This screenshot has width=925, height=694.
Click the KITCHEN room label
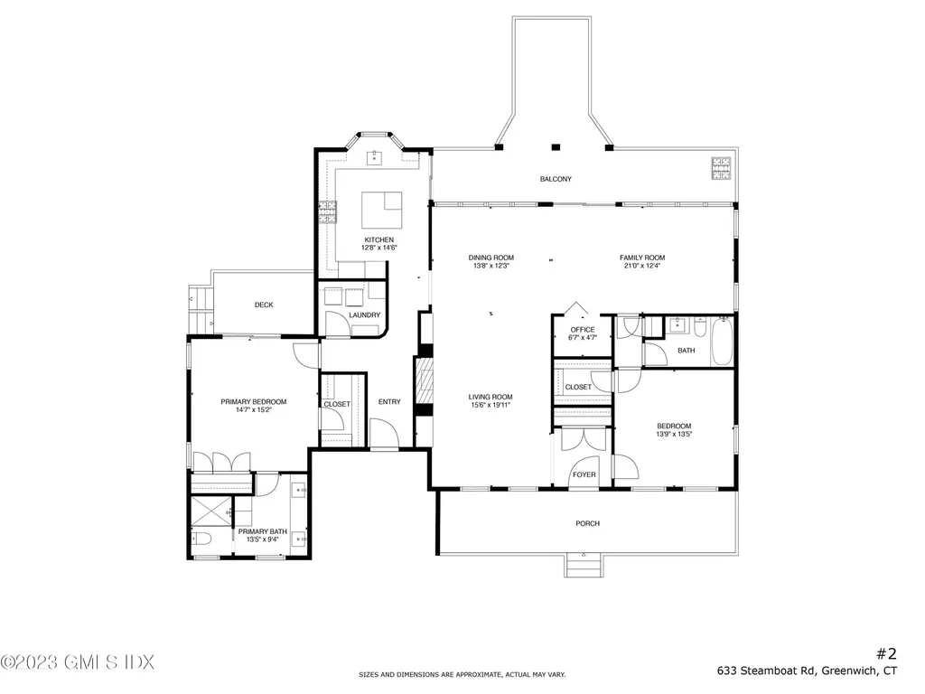[378, 240]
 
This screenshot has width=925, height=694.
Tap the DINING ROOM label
[491, 258]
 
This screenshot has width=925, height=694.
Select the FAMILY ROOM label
[642, 258]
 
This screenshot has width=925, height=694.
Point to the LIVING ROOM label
[491, 398]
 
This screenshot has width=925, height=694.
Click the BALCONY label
[556, 179]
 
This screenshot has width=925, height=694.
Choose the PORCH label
[587, 523]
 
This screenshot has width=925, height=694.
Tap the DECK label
[264, 305]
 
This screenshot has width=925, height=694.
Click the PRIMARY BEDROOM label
[254, 402]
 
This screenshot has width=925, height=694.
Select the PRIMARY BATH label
[263, 531]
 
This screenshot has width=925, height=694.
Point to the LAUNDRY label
[365, 315]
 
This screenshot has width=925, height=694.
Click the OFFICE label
[583, 330]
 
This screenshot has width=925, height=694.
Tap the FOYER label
[584, 474]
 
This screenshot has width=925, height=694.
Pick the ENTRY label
[389, 402]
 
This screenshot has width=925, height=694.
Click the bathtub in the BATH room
[722, 341]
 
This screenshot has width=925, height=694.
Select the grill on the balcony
[721, 168]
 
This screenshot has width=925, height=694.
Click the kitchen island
[382, 210]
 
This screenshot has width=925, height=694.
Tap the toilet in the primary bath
[201, 539]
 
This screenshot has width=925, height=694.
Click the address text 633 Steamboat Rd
[766, 671]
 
